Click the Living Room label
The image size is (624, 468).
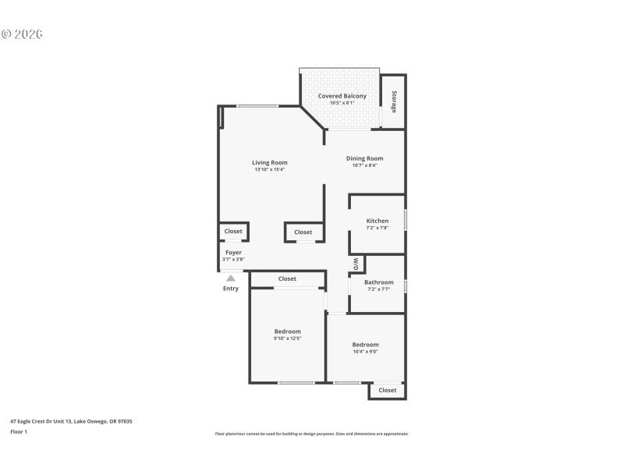pos(269,162)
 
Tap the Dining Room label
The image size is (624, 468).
pos(364,158)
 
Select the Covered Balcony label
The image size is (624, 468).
pos(342,96)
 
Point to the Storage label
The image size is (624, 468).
pos(394,102)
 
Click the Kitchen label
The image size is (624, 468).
pos(377,221)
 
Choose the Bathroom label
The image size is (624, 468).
pos(378,282)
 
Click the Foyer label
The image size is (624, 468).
pos(233,252)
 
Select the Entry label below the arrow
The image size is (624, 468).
pos(231,289)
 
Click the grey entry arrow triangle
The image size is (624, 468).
pos(231,278)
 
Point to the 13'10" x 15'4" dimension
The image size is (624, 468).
pos(269,169)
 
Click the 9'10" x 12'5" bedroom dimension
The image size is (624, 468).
pos(287,339)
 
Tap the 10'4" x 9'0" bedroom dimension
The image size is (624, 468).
pos(365,352)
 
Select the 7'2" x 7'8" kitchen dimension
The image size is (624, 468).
pos(377,228)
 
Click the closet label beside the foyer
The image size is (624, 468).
pos(233,231)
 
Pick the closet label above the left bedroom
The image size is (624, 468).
pos(287,278)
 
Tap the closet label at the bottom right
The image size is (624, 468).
pos(388,390)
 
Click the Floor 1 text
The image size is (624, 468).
pos(19,431)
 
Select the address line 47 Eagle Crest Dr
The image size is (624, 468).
pos(71,421)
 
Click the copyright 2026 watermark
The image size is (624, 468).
pos(22,34)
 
